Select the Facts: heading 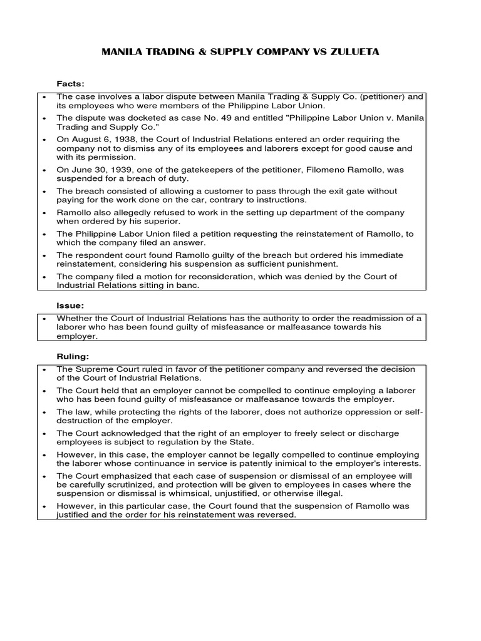71,83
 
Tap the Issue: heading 70,305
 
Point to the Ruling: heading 73,356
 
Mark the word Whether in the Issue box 74,318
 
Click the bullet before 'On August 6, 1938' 43,139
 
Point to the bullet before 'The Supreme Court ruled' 43,369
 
